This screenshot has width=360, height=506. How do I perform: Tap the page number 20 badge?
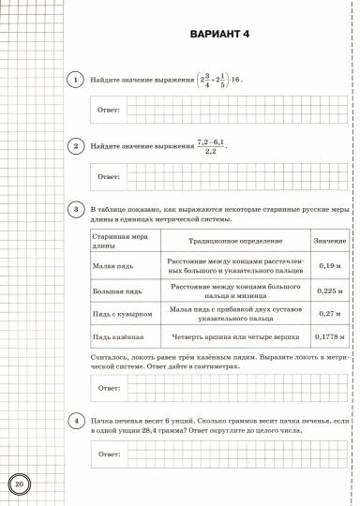(20, 484)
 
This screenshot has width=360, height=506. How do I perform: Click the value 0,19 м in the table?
(329, 266)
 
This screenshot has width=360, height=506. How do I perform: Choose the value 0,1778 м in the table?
(329, 335)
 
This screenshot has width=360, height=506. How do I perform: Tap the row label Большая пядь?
(113, 290)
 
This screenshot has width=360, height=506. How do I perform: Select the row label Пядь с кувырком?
(121, 313)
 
